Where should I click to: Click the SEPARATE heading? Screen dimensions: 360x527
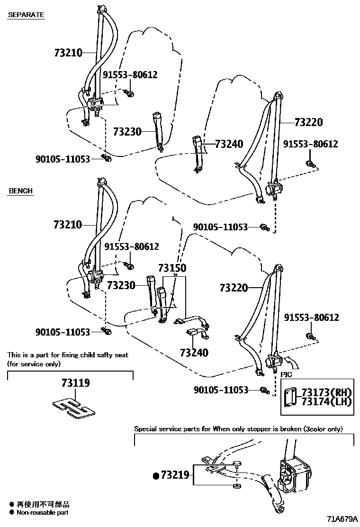click(x=26, y=15)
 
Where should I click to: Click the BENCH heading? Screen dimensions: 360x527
click(x=20, y=191)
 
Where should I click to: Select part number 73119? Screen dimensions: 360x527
click(x=76, y=383)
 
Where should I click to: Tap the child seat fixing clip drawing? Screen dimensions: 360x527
click(x=74, y=409)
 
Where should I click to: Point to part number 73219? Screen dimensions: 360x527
click(x=175, y=475)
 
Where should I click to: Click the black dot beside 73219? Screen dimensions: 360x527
click(x=156, y=475)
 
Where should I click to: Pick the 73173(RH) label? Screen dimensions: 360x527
click(x=326, y=392)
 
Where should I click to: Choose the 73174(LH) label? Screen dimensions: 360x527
click(x=326, y=401)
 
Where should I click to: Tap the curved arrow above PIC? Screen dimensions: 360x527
click(x=291, y=363)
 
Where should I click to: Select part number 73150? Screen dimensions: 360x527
click(x=172, y=268)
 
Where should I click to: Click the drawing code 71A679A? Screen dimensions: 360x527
click(x=342, y=519)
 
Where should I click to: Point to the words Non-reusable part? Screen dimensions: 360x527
click(x=42, y=513)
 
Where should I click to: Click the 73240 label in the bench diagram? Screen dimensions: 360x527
click(x=194, y=353)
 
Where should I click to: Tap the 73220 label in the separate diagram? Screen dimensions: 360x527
click(x=309, y=122)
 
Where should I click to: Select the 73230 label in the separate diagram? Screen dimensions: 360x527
click(x=127, y=131)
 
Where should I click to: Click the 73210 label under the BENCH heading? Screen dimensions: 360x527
click(x=68, y=224)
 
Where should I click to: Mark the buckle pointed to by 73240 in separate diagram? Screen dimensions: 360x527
click(x=198, y=153)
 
